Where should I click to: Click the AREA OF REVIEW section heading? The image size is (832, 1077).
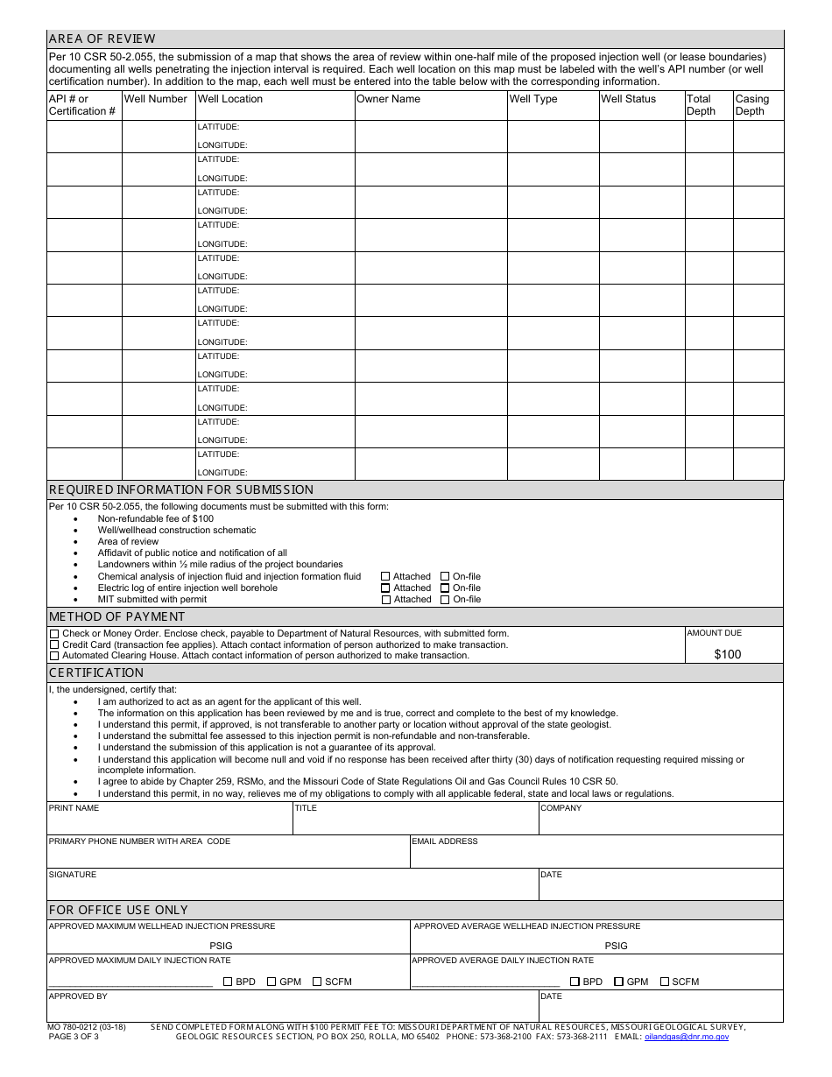pyautogui.click(x=102, y=39)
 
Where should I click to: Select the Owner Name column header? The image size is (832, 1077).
pyautogui.click(x=388, y=99)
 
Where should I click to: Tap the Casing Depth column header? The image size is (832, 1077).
pyautogui.click(x=751, y=105)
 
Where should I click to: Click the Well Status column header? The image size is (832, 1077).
pyautogui.click(x=628, y=99)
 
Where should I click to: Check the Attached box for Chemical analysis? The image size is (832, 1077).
pyautogui.click(x=385, y=577)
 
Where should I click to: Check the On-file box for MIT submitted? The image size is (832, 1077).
pyautogui.click(x=445, y=600)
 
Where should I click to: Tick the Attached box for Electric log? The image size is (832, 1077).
pyautogui.click(x=385, y=588)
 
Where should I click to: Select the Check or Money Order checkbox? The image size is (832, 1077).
pyautogui.click(x=54, y=634)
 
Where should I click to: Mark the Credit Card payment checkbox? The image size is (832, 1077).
pyautogui.click(x=54, y=644)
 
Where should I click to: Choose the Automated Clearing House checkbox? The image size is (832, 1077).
pyautogui.click(x=54, y=656)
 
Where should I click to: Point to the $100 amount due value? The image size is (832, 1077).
pyautogui.click(x=727, y=654)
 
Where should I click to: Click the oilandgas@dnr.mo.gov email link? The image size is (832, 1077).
pyautogui.click(x=686, y=1037)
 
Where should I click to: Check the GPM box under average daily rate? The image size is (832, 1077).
pyautogui.click(x=619, y=982)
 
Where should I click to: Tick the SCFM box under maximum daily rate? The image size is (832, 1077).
pyautogui.click(x=317, y=982)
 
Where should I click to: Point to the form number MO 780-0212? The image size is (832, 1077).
pyautogui.click(x=87, y=1027)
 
